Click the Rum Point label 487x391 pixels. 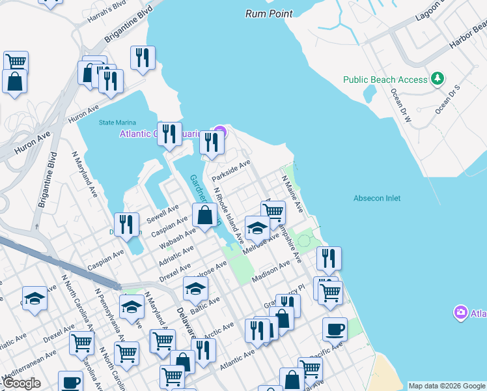coord(269,13)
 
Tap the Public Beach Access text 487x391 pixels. coord(385,80)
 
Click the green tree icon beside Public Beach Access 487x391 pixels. coord(439,79)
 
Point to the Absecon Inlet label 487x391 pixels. coord(377,198)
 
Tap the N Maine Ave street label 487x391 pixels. coord(292,193)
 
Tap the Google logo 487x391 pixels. coord(21,383)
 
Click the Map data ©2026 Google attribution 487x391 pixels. coord(447,386)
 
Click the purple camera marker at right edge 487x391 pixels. coord(461,313)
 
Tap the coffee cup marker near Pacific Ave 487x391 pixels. coord(335,328)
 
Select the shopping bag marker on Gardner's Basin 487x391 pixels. coord(204,214)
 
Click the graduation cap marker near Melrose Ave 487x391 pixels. coord(258,227)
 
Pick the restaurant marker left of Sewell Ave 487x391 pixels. coord(127,224)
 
